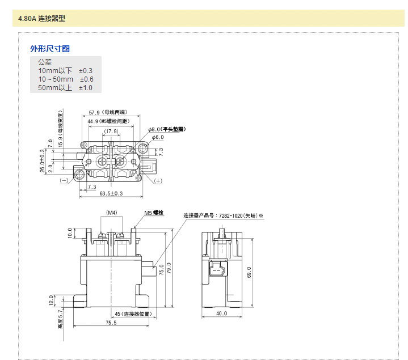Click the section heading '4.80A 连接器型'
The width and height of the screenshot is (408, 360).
tap(41, 19)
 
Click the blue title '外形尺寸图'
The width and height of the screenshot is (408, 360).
tap(50, 49)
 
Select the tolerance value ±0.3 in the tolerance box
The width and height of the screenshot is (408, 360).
tap(86, 70)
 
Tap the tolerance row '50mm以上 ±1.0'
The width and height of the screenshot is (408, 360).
tap(65, 88)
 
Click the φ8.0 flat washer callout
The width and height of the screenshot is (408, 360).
tap(167, 129)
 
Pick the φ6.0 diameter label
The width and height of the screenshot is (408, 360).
tap(156, 137)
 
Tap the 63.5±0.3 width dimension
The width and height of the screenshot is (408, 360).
tap(111, 193)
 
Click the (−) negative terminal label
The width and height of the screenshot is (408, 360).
tap(64, 180)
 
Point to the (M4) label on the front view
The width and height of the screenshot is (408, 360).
tap(111, 213)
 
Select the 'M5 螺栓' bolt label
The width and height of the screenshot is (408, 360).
tap(153, 213)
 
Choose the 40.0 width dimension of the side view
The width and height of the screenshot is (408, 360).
tap(221, 313)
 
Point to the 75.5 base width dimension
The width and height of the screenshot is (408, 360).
tap(111, 323)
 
